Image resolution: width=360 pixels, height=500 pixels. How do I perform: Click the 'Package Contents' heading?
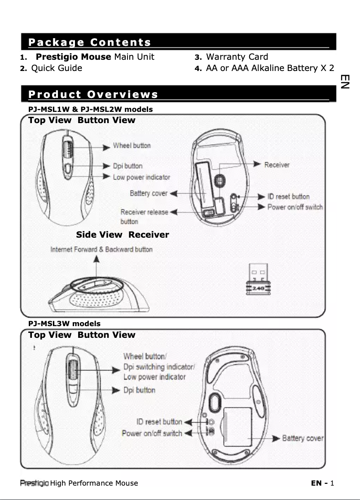89,43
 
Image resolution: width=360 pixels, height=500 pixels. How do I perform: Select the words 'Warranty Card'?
237,57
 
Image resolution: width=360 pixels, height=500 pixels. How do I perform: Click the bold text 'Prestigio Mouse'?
73,57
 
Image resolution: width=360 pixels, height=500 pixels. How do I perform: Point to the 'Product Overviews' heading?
93,94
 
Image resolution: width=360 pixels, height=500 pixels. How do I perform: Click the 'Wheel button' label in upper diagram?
132,146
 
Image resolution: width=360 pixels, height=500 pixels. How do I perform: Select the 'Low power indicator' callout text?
141,177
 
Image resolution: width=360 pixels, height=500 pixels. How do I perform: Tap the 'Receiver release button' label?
144,216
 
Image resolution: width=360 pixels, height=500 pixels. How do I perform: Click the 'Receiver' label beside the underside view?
277,165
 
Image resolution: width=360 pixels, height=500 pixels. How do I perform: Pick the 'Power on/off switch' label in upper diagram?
295,207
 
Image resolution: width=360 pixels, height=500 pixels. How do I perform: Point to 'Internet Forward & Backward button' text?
101,249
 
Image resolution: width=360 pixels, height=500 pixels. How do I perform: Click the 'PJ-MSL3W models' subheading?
64,323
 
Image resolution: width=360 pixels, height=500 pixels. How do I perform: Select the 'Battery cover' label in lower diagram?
303,438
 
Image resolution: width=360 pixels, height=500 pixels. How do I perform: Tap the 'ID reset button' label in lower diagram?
159,422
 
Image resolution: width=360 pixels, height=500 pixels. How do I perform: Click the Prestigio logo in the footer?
35,483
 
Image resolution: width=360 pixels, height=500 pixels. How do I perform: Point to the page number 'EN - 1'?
322,483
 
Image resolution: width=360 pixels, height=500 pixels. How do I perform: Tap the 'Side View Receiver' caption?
123,235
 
